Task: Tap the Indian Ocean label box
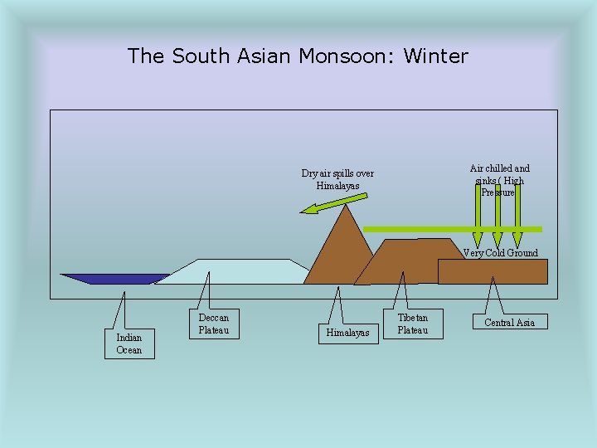(129, 343)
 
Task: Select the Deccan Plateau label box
(213, 324)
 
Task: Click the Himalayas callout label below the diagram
(348, 333)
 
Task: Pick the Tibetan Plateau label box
(413, 324)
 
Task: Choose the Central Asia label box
(509, 322)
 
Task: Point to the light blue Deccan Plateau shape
(232, 271)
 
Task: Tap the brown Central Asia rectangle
(493, 271)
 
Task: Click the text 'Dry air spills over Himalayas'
(337, 179)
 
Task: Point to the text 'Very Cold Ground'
(500, 253)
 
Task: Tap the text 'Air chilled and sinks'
(499, 174)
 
